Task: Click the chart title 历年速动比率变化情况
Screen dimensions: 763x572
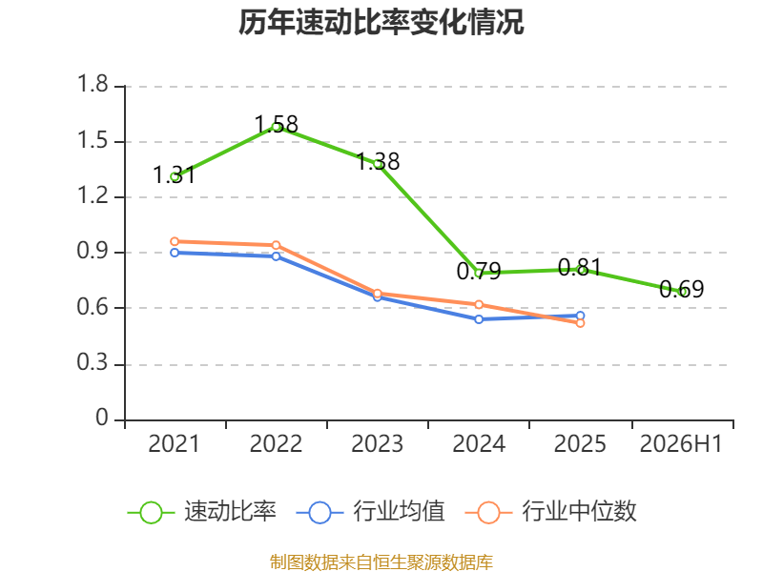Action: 381,22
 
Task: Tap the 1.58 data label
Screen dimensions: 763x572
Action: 276,125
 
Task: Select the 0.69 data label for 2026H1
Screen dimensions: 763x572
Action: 681,290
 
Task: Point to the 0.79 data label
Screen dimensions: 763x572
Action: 479,271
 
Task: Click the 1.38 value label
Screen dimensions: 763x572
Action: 378,161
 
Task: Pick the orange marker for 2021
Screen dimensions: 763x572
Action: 175,242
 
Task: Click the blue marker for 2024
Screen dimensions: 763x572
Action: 479,319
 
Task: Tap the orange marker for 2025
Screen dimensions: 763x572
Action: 580,323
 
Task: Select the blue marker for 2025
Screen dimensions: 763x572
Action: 580,316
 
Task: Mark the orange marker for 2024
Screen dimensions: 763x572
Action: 479,304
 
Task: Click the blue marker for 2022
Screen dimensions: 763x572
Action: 276,256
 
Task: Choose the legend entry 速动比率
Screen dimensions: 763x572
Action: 202,512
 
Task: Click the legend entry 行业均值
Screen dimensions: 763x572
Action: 371,512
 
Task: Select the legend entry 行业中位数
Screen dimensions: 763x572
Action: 551,512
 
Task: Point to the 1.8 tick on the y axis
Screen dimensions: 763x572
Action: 93,84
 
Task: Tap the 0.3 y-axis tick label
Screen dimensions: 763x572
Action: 93,362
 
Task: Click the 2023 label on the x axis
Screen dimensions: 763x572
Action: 377,443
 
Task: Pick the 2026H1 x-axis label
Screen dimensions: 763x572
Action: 681,443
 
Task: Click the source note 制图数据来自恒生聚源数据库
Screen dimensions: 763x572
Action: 381,562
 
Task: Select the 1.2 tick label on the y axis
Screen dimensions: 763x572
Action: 93,195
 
